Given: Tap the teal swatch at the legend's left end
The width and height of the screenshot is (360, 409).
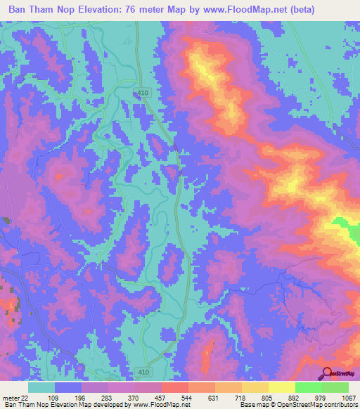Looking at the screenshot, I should click(41, 387).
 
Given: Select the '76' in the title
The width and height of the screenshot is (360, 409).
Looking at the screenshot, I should click(153, 9).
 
